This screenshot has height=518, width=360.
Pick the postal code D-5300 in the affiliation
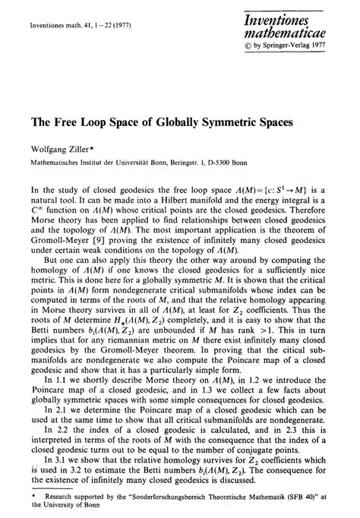pyautogui.click(x=255, y=163)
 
